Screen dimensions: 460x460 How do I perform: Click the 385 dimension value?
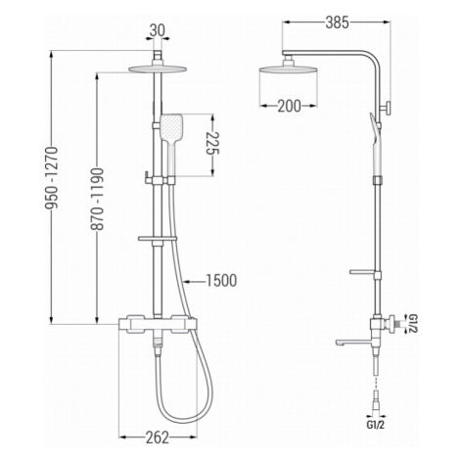337,23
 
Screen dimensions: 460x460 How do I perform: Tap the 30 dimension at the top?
158,31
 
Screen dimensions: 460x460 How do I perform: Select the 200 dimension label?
289,106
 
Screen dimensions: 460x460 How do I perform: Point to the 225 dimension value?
212,143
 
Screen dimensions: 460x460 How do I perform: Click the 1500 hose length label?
221,281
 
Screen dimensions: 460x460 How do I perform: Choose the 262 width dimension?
158,437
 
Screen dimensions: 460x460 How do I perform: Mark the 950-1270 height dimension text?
52,178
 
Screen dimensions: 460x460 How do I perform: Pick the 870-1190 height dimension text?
97,199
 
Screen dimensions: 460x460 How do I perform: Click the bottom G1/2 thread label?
376,425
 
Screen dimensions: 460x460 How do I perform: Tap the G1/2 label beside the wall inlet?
412,324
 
